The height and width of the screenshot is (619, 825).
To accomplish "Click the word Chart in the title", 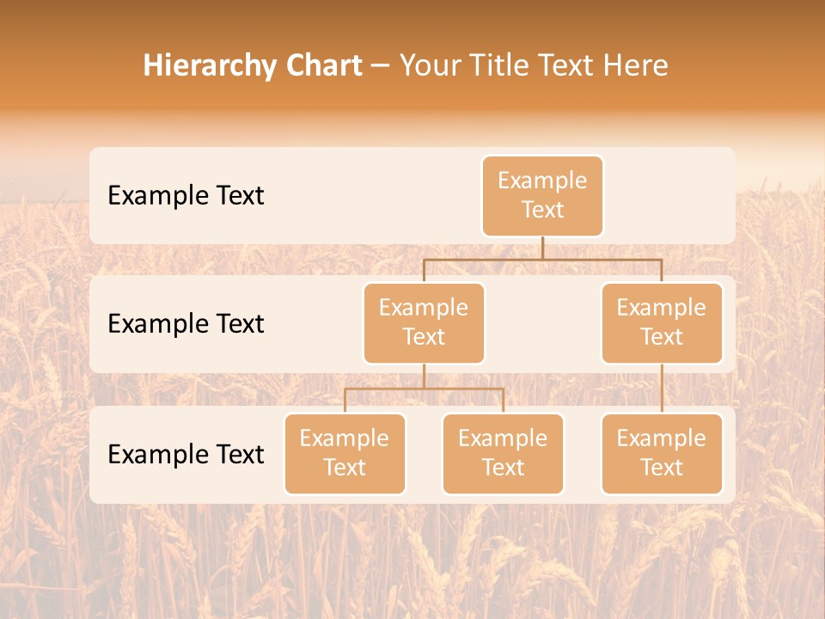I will click(323, 65).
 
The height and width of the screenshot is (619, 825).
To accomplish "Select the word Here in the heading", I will click(637, 65).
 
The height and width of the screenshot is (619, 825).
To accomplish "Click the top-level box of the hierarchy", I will click(542, 195).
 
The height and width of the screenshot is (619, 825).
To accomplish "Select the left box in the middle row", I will click(424, 322).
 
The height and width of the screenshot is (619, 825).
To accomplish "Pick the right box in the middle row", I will click(662, 322).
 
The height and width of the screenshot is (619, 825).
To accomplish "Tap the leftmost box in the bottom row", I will click(345, 453).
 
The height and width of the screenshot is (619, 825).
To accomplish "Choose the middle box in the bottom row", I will click(503, 453).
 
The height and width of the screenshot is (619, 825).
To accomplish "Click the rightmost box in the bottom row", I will click(662, 453).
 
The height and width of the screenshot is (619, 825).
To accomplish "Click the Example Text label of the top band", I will click(186, 195).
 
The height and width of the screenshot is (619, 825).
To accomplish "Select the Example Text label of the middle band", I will click(186, 323).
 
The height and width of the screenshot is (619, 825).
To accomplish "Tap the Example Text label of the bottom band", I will click(186, 454).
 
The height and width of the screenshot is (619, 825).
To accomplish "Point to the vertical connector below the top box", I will click(542, 248).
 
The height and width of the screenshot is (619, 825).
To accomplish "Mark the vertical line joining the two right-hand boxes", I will click(662, 389).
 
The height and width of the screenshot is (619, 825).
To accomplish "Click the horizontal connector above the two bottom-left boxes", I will click(424, 389).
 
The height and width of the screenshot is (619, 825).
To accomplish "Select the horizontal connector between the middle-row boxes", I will click(542, 259).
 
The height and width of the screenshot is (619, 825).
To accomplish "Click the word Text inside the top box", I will click(542, 210).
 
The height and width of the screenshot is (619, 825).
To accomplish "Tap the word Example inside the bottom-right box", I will click(662, 438).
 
